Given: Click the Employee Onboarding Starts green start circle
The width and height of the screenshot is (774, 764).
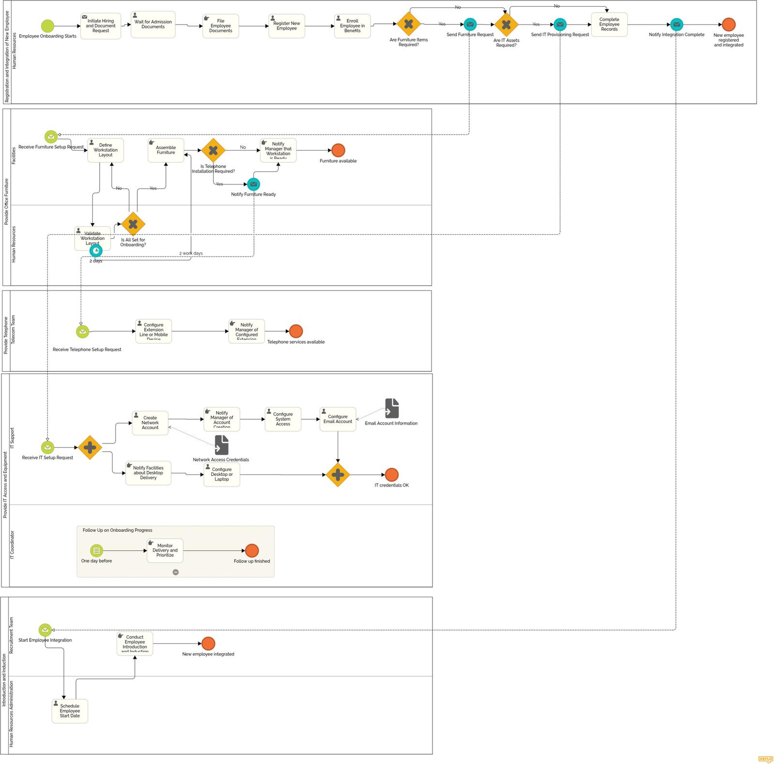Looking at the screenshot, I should (47, 26).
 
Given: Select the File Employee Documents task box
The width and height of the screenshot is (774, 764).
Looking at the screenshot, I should (221, 26).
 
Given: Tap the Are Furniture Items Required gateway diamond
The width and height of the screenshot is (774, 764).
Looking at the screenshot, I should (409, 24).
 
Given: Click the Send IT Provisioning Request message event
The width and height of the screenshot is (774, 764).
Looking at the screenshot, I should (560, 24).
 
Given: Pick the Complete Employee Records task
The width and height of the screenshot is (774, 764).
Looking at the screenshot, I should (609, 25).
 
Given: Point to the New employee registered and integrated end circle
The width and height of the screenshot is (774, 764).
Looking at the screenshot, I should (729, 25).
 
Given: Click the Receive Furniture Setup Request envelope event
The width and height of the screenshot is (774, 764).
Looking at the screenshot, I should (51, 137).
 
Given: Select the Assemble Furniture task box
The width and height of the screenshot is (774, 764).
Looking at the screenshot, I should (166, 150).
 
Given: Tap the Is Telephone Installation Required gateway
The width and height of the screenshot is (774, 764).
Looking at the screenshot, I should (213, 150).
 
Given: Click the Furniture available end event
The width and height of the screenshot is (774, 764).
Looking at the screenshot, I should (338, 150).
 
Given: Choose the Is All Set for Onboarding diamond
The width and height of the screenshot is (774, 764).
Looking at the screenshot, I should (133, 224).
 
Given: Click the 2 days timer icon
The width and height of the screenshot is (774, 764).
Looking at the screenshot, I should (96, 250).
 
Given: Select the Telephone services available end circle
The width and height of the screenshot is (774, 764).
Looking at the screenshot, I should (296, 331).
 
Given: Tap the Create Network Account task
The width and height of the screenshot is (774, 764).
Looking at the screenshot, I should (150, 423).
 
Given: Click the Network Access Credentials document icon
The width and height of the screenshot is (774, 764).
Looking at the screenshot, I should (222, 445).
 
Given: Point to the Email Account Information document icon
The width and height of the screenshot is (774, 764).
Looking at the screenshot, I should (392, 409).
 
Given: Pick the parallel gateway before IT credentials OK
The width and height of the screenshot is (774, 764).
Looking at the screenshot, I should (338, 474).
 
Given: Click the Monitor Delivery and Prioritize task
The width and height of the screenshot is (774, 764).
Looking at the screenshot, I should (165, 550).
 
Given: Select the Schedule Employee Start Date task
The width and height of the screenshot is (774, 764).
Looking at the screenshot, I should (70, 711).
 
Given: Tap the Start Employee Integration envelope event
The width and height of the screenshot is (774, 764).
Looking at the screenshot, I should (45, 630).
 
